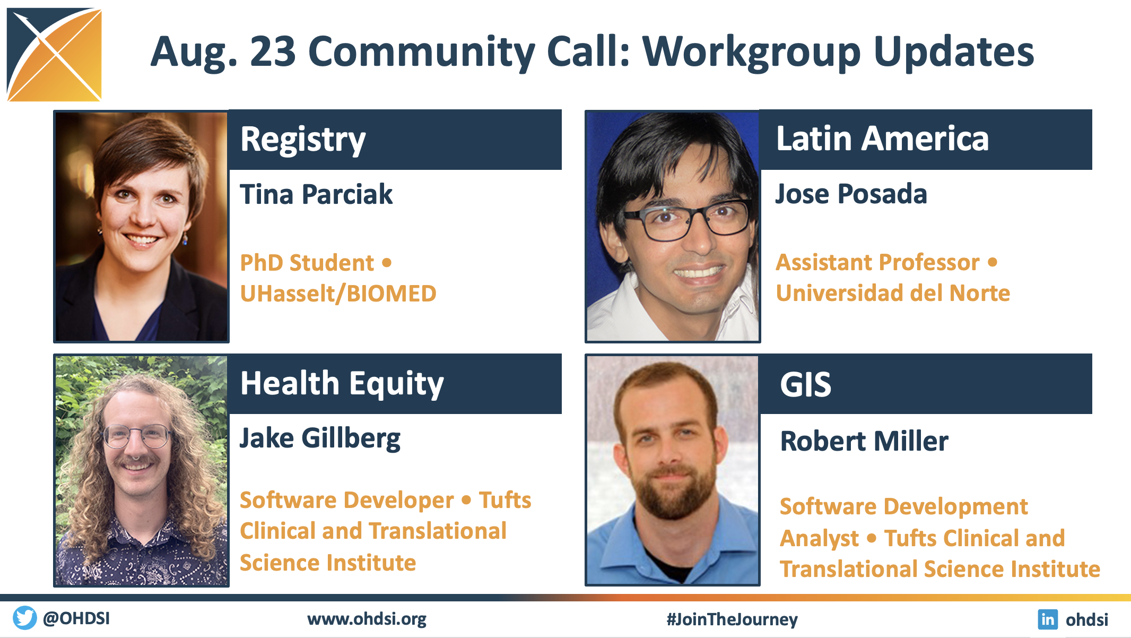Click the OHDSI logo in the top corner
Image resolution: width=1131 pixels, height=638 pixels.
(54, 55)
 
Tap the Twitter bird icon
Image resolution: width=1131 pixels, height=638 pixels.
(24, 618)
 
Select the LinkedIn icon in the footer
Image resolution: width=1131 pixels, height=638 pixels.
(1048, 619)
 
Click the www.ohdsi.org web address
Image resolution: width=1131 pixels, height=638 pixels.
(367, 619)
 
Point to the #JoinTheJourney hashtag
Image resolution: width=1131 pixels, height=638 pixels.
(732, 619)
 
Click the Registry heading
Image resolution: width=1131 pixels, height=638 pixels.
(303, 140)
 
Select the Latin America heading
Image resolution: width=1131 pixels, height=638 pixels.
(882, 139)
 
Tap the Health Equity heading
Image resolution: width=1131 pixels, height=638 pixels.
(342, 384)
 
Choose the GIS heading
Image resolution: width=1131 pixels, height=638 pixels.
(805, 384)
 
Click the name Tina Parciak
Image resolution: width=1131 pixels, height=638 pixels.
(316, 194)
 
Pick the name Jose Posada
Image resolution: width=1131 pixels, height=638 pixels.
(851, 194)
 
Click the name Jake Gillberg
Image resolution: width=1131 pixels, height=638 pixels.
(320, 439)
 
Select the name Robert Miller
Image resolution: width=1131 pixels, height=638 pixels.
(864, 441)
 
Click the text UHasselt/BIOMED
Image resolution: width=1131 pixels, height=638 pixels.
(338, 294)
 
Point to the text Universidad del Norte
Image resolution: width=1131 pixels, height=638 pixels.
(893, 293)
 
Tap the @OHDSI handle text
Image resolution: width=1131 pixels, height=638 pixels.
(76, 618)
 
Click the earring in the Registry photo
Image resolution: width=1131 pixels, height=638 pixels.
(185, 239)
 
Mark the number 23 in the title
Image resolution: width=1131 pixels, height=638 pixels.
(273, 51)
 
